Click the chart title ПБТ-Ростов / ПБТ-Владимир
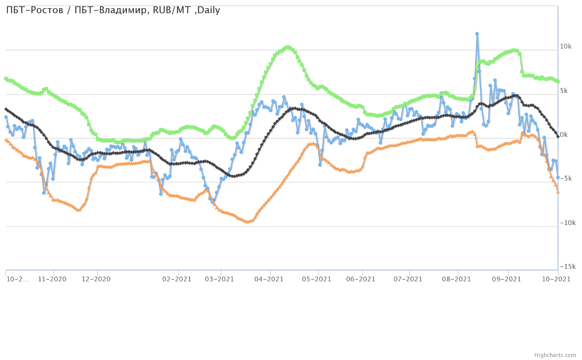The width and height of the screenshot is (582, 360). pos(113,10)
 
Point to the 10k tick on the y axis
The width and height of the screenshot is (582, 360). pos(566,46)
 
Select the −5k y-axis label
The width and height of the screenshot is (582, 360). pos(565,179)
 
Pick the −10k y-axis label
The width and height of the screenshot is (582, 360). pos(567,223)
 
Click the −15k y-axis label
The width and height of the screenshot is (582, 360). pos(567,267)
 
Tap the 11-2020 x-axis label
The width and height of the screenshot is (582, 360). pos(52,279)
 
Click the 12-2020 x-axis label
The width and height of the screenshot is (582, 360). pos(96,279)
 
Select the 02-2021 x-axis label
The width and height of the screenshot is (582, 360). pos(177,279)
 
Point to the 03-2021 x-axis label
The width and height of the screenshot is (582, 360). pos(219,279)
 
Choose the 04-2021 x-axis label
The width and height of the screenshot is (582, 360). pos(269,279)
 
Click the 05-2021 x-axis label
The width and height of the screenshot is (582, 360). pos(317,279)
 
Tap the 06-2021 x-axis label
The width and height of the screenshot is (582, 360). pos(361,279)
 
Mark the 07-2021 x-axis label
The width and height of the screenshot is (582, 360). pos(408,279)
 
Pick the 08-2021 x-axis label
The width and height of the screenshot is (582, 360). pos(456,279)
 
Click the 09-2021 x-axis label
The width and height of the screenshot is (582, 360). pos(507,279)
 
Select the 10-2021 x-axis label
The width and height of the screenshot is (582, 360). pos(556,279)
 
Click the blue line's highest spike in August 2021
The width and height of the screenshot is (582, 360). pos(477,34)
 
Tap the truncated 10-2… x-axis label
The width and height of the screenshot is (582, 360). pos(18,279)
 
